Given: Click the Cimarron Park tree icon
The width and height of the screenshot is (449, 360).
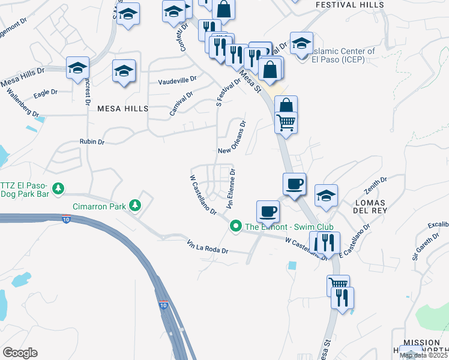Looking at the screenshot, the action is coord(136,206).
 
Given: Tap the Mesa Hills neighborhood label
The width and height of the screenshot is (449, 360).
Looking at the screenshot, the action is coord(122,109).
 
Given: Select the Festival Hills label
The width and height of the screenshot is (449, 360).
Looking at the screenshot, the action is coord(349,5).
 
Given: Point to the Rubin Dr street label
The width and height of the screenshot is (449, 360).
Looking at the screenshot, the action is coord(92,142).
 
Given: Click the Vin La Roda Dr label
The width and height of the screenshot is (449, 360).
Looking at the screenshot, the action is coord(208,247).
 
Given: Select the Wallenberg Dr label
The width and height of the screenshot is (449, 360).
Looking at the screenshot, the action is coord(22,103).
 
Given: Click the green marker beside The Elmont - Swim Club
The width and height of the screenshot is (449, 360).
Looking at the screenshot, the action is coord(236,226).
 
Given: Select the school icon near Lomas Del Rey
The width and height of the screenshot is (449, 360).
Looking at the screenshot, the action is coord(327,196).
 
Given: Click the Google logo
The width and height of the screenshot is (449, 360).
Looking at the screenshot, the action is coord(20,353).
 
